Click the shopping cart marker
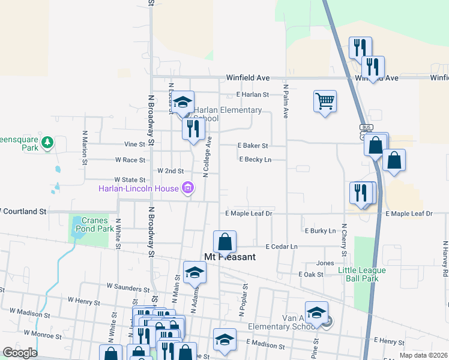(x=325, y=101)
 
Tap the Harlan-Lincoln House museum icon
(x=187, y=189)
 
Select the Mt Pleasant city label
(x=230, y=257)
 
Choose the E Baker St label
(x=252, y=145)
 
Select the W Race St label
(x=130, y=160)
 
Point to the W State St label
(x=130, y=179)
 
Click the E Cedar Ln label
(x=282, y=247)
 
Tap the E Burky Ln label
(x=320, y=230)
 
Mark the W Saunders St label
(x=128, y=289)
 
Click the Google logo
(x=19, y=353)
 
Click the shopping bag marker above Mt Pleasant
(x=224, y=242)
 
